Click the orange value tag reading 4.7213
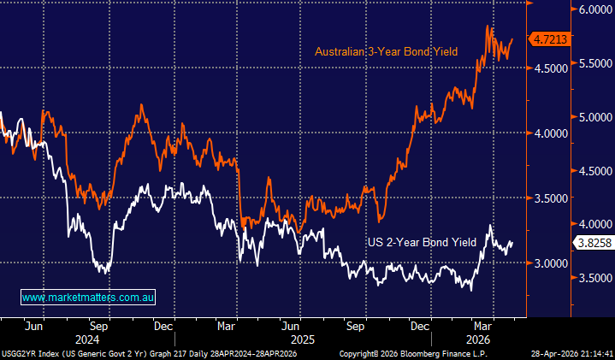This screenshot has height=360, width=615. (x=551, y=39)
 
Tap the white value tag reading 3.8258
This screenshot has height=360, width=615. (x=593, y=243)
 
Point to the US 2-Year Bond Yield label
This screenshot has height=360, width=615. (x=421, y=243)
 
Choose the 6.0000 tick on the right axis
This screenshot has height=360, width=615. (x=592, y=10)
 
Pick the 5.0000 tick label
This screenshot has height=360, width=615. (x=592, y=117)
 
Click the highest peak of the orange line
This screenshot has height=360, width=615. (x=488, y=27)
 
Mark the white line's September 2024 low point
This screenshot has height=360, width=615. (x=103, y=273)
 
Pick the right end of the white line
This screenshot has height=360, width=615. (x=512, y=242)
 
